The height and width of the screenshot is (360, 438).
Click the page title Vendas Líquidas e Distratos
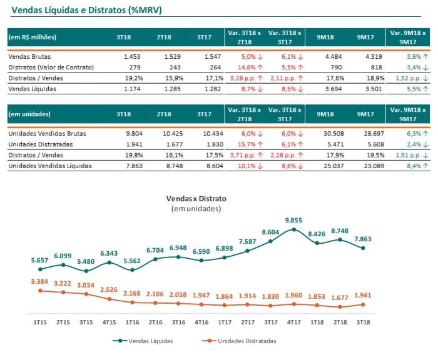(69, 10)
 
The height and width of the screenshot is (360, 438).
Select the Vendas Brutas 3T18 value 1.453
(132, 57)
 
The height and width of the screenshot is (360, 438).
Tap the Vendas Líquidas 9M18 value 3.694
(334, 89)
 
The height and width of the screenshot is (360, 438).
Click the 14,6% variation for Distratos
(247, 67)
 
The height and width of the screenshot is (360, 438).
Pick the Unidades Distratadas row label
(41, 144)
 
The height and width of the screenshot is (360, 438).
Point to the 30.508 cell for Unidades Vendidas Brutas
(334, 134)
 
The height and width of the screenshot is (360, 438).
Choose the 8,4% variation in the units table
(414, 166)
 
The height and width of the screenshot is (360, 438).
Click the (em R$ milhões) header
(32, 37)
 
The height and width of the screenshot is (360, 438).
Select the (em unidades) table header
(29, 114)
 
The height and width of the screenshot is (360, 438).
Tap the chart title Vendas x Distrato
(196, 199)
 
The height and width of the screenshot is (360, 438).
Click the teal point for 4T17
(294, 229)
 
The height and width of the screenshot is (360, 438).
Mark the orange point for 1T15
(40, 291)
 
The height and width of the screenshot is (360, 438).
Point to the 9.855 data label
(293, 221)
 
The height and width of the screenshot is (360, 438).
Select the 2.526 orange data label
(109, 289)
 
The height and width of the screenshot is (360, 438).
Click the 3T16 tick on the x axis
(178, 322)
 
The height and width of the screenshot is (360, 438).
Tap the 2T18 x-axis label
(340, 322)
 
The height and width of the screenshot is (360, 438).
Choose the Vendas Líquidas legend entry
(143, 341)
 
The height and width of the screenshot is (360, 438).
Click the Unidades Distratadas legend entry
(239, 341)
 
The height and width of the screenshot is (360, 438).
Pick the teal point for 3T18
(363, 248)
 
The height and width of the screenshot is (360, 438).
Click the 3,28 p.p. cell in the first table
(243, 78)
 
